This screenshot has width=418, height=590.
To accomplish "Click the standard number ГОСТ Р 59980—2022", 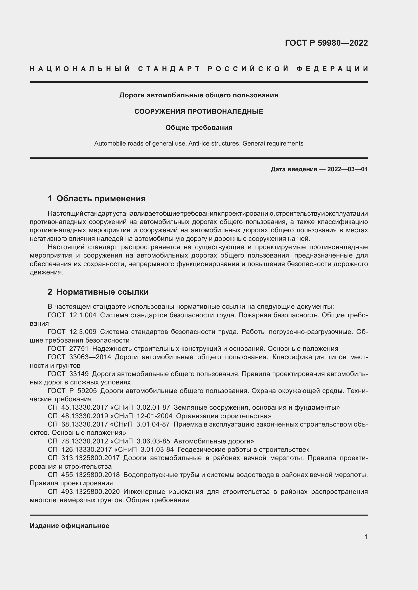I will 326,43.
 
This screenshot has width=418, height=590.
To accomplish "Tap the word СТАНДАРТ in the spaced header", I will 169,69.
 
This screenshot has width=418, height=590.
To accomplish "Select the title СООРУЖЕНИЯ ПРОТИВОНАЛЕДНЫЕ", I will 199,111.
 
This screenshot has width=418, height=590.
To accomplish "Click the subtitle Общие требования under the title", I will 199,128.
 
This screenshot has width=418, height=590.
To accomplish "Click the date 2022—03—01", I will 347,169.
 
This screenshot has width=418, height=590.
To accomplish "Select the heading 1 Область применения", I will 97,198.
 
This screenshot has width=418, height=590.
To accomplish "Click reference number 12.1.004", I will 83,315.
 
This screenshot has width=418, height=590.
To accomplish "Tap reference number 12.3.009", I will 83,332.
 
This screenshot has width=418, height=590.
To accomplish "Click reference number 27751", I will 79,348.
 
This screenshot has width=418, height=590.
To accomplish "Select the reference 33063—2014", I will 90,357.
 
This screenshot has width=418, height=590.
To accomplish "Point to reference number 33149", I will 79,374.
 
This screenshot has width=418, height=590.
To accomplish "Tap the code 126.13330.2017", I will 86,449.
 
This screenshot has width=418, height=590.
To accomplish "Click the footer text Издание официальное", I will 69,525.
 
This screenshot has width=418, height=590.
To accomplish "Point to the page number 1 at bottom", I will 366,537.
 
